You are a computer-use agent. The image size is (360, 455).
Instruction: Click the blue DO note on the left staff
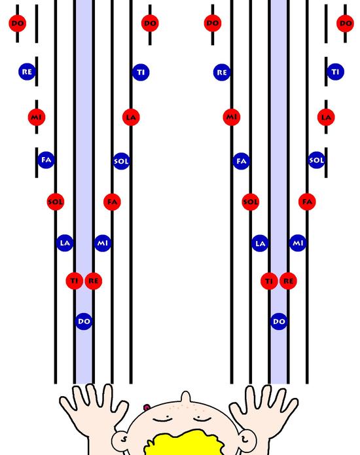tap(84, 321)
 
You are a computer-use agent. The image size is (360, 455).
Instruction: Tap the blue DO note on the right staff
tap(279, 321)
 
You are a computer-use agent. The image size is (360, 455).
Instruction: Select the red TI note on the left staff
tap(75, 281)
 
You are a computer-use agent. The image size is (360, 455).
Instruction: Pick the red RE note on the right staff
tap(288, 281)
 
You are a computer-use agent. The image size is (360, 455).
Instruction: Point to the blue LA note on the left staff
tap(65, 243)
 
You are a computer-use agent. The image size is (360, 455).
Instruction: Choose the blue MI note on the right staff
tap(298, 243)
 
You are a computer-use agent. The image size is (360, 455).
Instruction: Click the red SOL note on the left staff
tap(56, 202)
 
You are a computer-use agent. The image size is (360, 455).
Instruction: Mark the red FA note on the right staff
tap(307, 202)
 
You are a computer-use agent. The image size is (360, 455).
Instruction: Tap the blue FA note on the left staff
tap(46, 160)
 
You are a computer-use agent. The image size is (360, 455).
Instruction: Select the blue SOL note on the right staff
tap(317, 160)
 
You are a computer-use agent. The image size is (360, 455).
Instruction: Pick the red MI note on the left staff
tap(37, 117)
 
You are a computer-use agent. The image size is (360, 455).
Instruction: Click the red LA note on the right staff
tap(326, 117)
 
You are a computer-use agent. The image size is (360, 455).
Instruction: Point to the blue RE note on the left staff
tap(27, 71)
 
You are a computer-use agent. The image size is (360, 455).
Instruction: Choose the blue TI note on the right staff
tap(335, 71)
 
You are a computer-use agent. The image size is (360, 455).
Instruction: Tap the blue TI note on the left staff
tap(141, 72)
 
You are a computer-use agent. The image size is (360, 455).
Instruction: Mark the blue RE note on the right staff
tap(222, 72)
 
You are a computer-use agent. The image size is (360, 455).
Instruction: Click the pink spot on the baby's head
tap(147, 408)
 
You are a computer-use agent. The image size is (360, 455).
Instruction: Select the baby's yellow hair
tap(186, 443)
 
